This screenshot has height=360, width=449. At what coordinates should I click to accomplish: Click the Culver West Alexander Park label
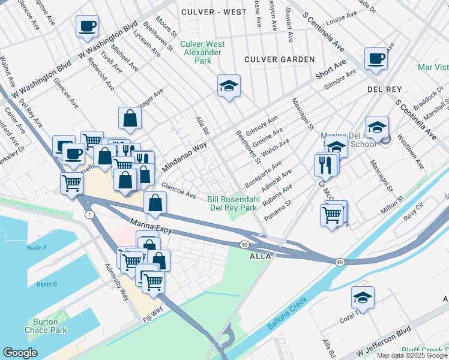pos(203,52)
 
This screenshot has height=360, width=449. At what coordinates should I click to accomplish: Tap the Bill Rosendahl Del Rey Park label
pos(232,203)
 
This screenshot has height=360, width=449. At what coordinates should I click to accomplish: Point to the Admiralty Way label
pos(116,282)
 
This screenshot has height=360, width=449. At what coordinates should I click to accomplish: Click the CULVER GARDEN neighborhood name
pos(279,59)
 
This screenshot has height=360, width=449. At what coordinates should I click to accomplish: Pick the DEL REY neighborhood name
pos(384,89)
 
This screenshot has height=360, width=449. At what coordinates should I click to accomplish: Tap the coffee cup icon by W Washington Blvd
pos(87,26)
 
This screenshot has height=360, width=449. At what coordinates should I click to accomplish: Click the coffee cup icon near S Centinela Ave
pos(376,58)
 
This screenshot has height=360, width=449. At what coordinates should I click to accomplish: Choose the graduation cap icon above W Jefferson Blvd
pos(362,298)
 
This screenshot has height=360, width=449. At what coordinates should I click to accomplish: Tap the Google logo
pos(20,353)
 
